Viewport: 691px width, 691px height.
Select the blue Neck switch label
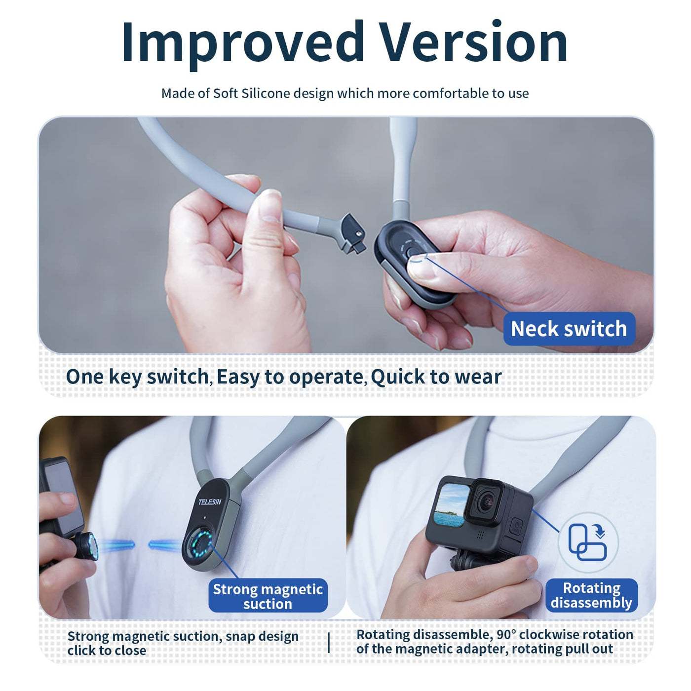coord(569,329)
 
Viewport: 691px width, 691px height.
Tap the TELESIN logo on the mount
coord(210,501)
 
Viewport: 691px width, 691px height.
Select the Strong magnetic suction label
coord(268,597)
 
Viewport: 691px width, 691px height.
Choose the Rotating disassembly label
coord(591,595)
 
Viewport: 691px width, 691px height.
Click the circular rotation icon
coord(588,542)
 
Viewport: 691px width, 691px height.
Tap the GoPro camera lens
coord(486,503)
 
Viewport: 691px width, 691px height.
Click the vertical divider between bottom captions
coord(329,642)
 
